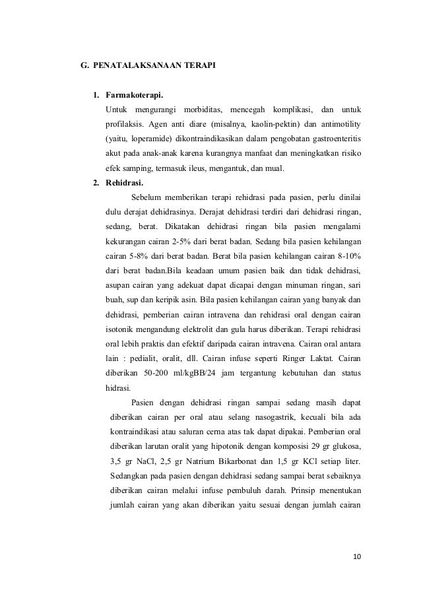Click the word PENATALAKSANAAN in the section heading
[135, 66]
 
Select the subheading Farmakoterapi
[135, 93]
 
